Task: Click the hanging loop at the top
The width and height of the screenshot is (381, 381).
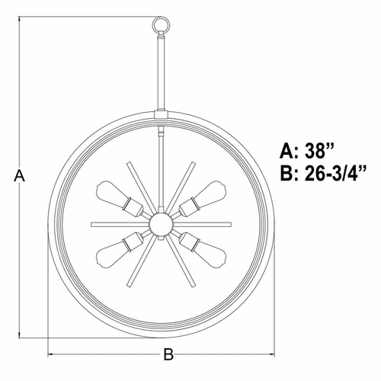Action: click(161, 18)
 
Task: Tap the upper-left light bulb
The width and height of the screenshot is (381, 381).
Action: click(112, 193)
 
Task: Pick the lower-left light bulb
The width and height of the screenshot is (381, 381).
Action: click(112, 255)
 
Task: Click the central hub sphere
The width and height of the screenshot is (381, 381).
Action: click(162, 225)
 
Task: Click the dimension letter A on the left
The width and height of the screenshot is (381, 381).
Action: click(19, 176)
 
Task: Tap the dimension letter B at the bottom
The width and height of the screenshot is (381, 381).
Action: click(168, 354)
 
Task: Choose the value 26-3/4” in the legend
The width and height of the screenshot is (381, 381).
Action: click(335, 174)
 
